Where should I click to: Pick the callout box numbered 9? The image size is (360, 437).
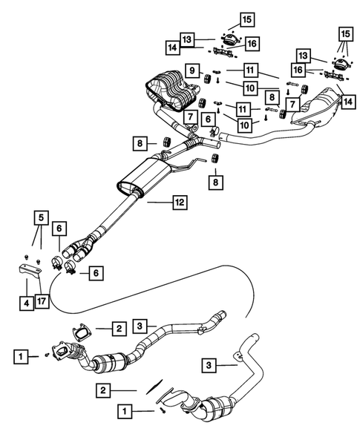pyautogui.click(x=192, y=71)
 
